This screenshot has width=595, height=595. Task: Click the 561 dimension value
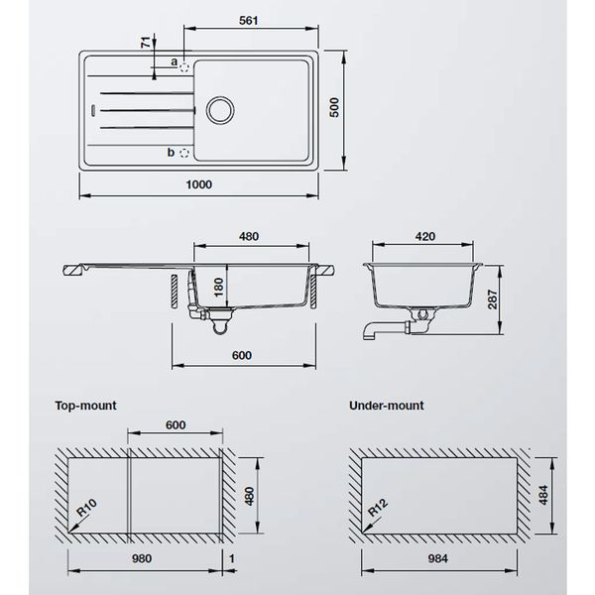coord(249,22)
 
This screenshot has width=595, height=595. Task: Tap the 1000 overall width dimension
coord(199,183)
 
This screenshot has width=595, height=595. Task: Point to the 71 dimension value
coord(145,45)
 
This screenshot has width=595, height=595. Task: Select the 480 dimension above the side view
coord(249,236)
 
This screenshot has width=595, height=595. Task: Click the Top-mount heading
coord(87,405)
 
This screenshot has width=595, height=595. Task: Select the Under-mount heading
coord(387,405)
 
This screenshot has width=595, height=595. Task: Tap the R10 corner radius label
coord(87,511)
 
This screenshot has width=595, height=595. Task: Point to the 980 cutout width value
coord(146,558)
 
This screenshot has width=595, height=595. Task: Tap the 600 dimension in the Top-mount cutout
coord(175,424)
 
